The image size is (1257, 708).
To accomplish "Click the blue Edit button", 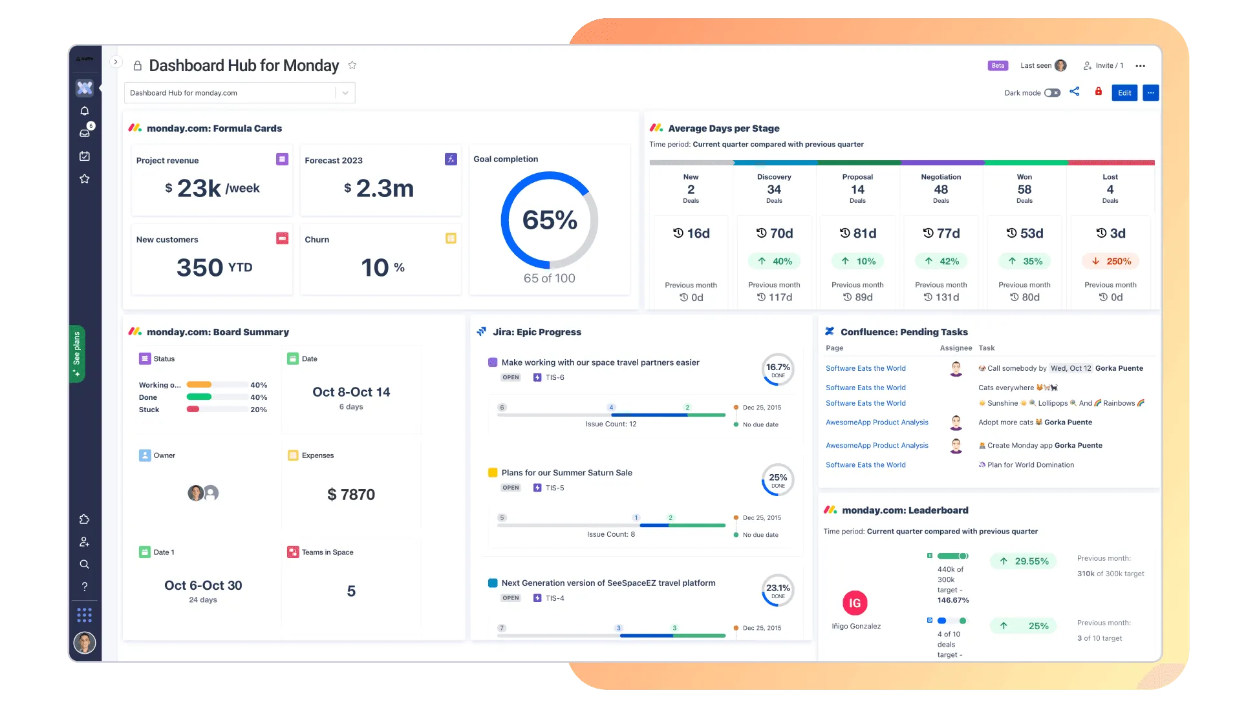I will click(x=1124, y=93).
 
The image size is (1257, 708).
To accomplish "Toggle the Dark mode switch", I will click(x=1052, y=93).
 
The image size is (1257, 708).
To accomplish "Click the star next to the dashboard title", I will click(x=352, y=65).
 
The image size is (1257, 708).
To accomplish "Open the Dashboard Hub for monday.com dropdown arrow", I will click(x=345, y=93).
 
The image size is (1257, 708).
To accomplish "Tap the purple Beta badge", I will click(x=998, y=66).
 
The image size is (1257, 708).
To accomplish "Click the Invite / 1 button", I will click(x=1104, y=66).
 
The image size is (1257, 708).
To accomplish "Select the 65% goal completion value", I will click(x=550, y=220).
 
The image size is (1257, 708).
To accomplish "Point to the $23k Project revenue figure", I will click(x=199, y=189).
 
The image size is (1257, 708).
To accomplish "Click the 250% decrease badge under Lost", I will click(x=1111, y=262).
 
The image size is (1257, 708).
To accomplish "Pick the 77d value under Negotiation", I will click(x=941, y=233).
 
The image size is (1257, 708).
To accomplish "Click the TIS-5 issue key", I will click(x=555, y=488).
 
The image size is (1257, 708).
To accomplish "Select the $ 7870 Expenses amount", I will click(x=351, y=495).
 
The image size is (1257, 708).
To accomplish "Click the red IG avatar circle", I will click(x=855, y=603).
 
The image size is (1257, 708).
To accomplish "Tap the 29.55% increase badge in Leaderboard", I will click(x=1024, y=561).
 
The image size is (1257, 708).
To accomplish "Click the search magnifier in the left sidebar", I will click(x=85, y=565).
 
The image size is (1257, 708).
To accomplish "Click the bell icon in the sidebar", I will click(x=85, y=111).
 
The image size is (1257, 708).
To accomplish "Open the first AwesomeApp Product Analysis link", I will click(x=877, y=422).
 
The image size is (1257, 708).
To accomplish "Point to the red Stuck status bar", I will click(x=193, y=410).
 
